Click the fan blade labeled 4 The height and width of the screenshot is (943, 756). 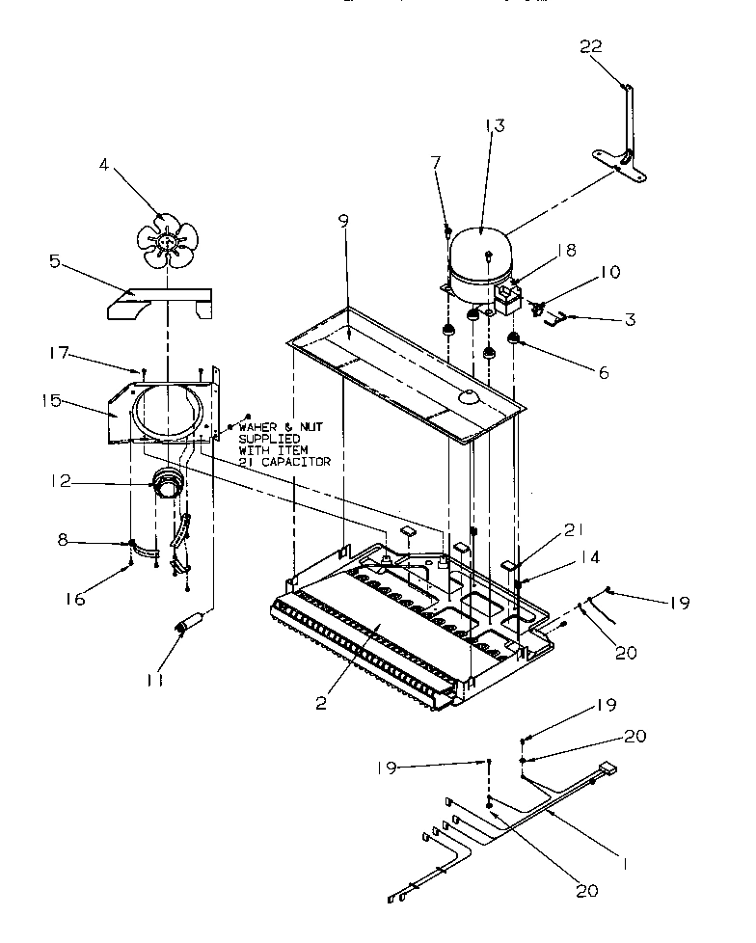(x=172, y=243)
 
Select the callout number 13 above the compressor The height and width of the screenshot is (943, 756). (x=495, y=125)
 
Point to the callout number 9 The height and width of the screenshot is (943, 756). (x=343, y=221)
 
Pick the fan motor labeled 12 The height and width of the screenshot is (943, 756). (x=170, y=482)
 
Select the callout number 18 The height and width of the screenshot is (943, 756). (x=566, y=250)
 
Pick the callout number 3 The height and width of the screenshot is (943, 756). (x=629, y=319)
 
